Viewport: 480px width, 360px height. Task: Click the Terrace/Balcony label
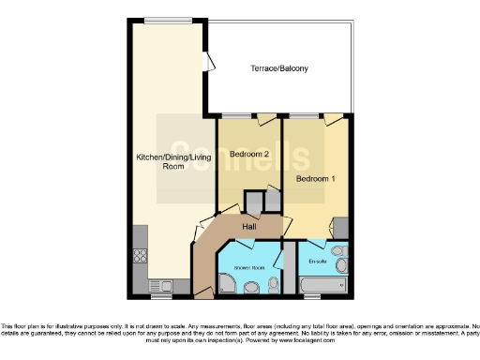pos(278,69)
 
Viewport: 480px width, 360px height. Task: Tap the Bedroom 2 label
pos(250,154)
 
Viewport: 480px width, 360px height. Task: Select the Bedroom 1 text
pos(315,178)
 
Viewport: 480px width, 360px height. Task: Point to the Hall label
pos(250,226)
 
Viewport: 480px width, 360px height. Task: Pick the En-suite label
pos(318,262)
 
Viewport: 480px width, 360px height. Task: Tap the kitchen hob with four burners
pos(142,253)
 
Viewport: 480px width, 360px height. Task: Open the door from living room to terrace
pos(210,65)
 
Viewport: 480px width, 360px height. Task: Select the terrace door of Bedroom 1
pos(333,118)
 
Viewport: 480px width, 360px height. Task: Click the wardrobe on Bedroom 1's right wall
pos(343,229)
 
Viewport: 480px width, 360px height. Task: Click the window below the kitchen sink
pos(161,297)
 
